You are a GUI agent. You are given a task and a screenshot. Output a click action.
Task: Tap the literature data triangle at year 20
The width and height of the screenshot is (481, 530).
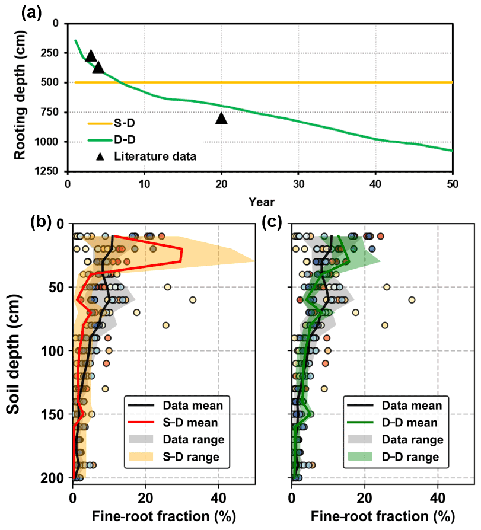pyautogui.click(x=221, y=118)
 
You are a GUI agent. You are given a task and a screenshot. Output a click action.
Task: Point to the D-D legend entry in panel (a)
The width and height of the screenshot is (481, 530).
pyautogui.click(x=122, y=141)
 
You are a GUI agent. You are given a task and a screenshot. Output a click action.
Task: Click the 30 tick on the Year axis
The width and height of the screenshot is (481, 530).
pyautogui.click(x=299, y=183)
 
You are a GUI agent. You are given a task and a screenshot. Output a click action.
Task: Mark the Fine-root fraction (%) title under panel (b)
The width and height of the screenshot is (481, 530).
pyautogui.click(x=164, y=516)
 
